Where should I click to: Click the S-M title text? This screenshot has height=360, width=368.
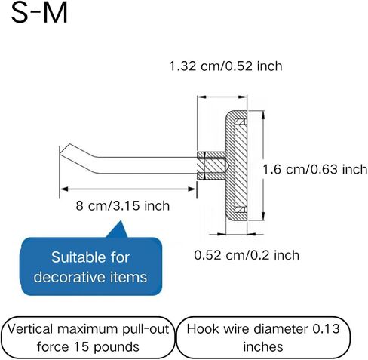point(39,13)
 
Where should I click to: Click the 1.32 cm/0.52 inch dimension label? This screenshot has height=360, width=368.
point(225,66)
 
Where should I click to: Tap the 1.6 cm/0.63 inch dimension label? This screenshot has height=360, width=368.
point(315,169)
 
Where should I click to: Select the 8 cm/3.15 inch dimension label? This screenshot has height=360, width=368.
point(123,206)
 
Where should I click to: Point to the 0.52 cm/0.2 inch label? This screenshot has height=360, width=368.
point(247,255)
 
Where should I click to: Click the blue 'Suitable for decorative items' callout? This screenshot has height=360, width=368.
point(91,266)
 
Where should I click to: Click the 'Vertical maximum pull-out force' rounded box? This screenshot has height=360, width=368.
point(88,337)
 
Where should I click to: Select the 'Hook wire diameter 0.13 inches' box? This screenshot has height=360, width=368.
point(263,337)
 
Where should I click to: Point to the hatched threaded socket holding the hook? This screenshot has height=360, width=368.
point(211,165)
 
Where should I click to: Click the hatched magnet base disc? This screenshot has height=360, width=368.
point(236,165)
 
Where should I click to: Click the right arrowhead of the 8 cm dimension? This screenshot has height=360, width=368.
point(192,189)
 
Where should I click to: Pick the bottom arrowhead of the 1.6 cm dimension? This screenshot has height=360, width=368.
point(263,216)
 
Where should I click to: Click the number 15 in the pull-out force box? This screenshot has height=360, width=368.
point(81,346)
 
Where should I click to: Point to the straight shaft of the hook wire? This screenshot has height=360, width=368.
point(147,165)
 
